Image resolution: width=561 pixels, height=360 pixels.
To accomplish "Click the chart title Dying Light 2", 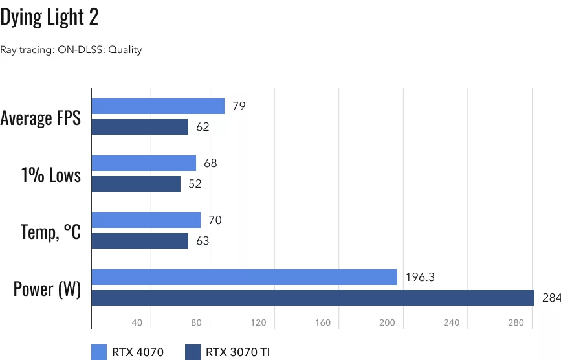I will tap(49, 17).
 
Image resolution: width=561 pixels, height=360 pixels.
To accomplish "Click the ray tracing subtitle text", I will tap(71, 49).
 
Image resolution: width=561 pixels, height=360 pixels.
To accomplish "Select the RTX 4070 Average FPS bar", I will tap(158, 106).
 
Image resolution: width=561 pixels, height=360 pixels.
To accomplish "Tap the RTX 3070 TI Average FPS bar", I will tap(140, 127).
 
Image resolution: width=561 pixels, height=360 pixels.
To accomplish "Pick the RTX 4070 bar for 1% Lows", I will tap(144, 163).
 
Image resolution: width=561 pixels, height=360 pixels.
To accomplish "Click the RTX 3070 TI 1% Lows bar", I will tap(136, 184).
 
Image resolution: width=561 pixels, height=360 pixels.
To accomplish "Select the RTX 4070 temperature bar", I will tap(146, 220).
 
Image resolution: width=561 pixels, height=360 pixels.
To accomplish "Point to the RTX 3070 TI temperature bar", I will tap(140, 241).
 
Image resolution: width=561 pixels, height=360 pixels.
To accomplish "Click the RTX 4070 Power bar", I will tap(244, 277).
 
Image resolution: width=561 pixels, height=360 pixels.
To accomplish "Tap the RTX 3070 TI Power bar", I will tap(313, 298).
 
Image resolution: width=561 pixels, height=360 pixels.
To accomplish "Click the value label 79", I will tap(239, 106).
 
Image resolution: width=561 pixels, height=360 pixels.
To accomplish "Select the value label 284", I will tap(551, 298).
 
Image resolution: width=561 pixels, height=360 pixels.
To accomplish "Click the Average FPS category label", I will tap(41, 118).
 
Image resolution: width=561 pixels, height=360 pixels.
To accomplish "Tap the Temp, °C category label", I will tap(50, 231).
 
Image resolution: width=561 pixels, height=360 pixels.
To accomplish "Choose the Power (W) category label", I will tap(47, 288).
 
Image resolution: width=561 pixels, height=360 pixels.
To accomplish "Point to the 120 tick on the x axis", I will tap(259, 322).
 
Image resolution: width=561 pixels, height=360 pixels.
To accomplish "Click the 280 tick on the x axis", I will tap(515, 322).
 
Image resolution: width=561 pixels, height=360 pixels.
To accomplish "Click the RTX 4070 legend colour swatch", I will tap(99, 352).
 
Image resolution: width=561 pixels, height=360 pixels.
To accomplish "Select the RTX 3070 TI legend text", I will tap(237, 352).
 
